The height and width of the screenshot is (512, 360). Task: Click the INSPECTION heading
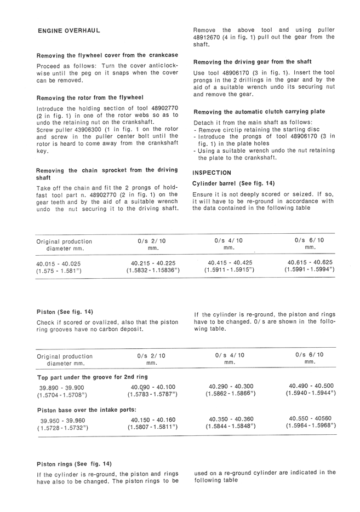click(x=214, y=172)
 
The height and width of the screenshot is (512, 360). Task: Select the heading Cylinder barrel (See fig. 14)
click(x=233, y=183)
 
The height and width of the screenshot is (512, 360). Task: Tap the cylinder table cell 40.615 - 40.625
click(x=310, y=262)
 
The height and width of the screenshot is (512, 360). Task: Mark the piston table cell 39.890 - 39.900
click(x=59, y=387)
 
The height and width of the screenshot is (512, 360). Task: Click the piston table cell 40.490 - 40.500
click(x=311, y=386)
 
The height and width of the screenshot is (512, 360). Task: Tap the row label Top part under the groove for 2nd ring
click(x=92, y=377)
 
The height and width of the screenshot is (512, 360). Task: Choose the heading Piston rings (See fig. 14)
click(x=74, y=463)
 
